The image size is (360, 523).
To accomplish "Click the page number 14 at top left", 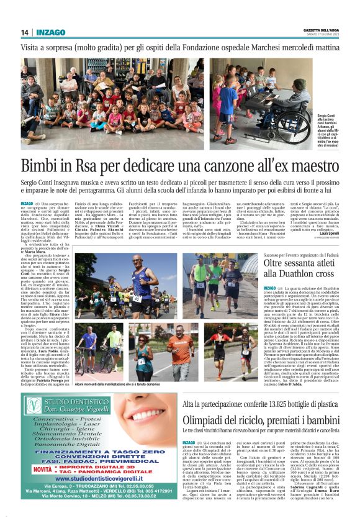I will click(25, 32).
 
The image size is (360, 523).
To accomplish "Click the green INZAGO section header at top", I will click(55, 32).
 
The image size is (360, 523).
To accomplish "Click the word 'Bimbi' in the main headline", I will click(49, 166).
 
